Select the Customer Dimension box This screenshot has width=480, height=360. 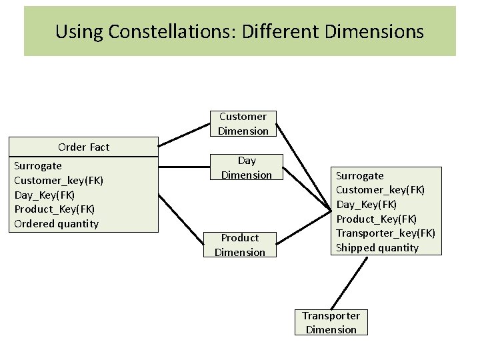click(243, 124)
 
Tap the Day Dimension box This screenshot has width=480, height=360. click(247, 168)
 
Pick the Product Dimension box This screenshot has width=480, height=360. click(240, 245)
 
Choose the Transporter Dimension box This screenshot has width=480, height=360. click(331, 323)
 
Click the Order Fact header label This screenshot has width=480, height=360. click(83, 147)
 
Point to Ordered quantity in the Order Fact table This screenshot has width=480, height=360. click(56, 224)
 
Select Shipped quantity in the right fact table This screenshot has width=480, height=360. click(377, 248)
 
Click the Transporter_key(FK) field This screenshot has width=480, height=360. click(385, 233)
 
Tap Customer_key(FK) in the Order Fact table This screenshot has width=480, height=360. click(59, 180)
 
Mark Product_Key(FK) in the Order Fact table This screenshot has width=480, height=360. click(54, 209)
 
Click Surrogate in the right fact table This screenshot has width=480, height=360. click(359, 176)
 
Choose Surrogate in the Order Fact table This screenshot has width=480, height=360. click(37, 166)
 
